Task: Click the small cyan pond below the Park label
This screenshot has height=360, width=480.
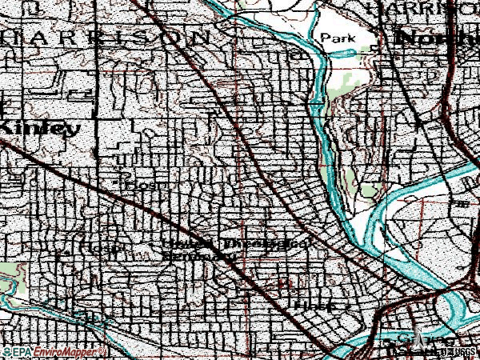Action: [352, 53]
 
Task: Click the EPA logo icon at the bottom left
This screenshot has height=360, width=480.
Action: [7, 351]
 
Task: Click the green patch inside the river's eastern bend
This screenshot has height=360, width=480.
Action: [369, 190]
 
